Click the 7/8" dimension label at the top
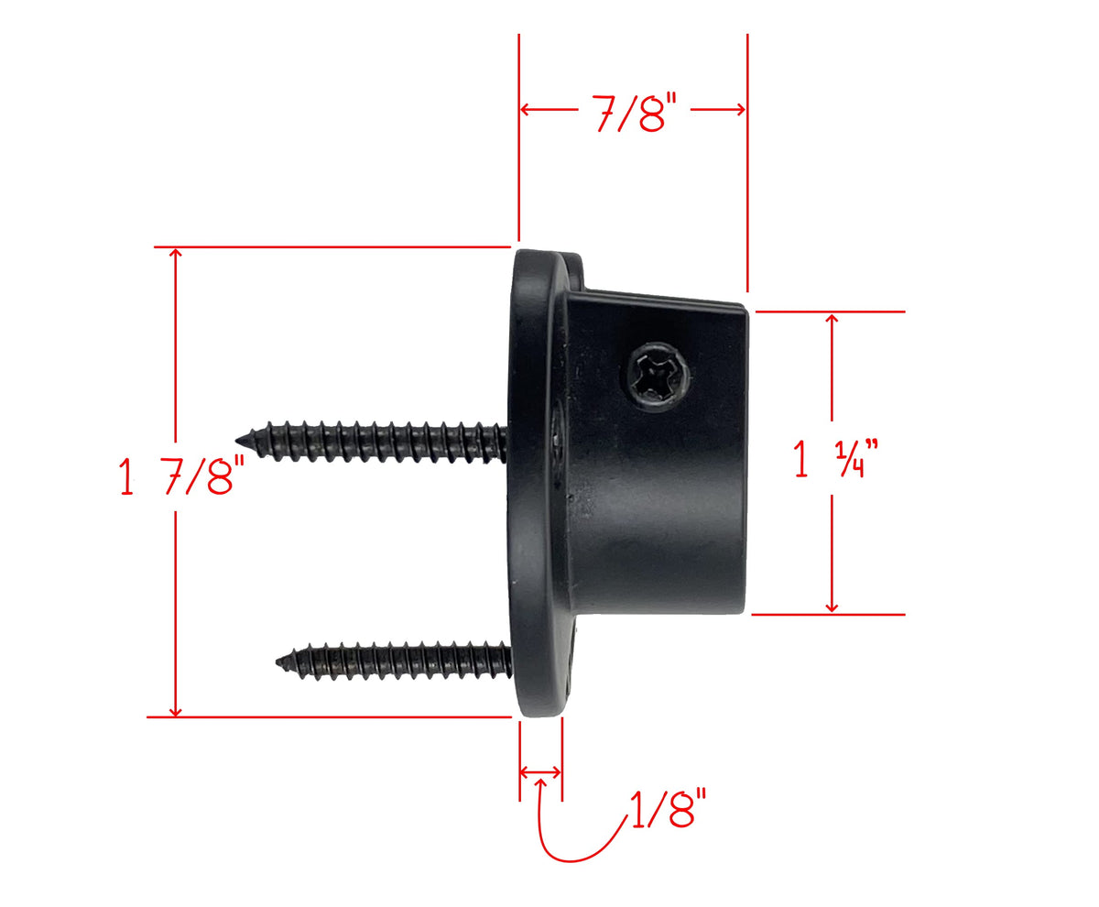[x=633, y=114]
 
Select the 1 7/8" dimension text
[x=182, y=475]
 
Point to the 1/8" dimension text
[x=669, y=808]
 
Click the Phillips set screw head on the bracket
[x=657, y=376]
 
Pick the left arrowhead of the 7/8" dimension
[x=525, y=110]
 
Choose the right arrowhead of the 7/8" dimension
[x=740, y=110]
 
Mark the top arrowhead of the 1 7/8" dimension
[x=175, y=253]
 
